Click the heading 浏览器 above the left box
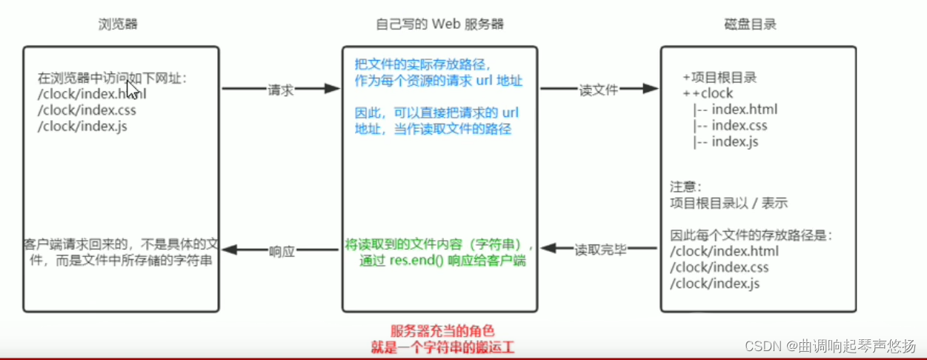[x=119, y=24]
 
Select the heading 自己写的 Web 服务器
[x=439, y=24]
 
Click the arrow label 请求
[x=280, y=90]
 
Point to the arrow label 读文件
[x=598, y=90]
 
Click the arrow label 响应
[x=282, y=250]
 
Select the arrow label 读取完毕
[x=601, y=250]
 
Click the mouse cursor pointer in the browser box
[x=131, y=89]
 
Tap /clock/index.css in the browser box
[x=87, y=110]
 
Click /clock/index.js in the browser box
[x=82, y=126]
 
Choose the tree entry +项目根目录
[x=720, y=78]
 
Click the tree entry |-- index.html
[x=735, y=110]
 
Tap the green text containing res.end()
[x=442, y=261]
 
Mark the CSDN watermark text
[x=830, y=345]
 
